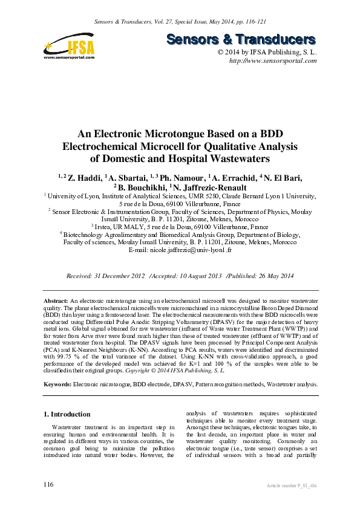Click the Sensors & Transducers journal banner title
click(x=241, y=40)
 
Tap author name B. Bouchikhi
click(x=142, y=187)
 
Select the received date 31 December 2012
click(x=119, y=276)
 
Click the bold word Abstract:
click(x=56, y=300)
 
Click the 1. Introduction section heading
click(x=68, y=414)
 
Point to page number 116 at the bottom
click(x=49, y=485)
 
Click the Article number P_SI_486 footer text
click(x=292, y=486)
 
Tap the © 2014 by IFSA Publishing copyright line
click(x=267, y=53)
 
